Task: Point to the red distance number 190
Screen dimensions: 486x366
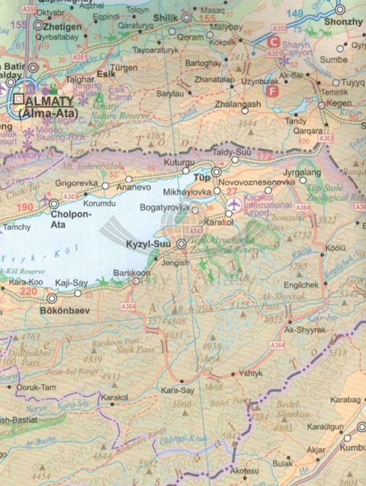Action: pyautogui.click(x=25, y=207)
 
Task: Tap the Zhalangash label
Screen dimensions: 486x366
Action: pyautogui.click(x=238, y=104)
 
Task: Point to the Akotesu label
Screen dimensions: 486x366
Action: pyautogui.click(x=248, y=472)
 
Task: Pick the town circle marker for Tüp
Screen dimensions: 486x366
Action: pyautogui.click(x=216, y=172)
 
